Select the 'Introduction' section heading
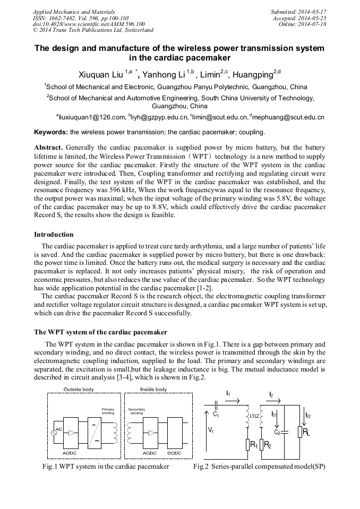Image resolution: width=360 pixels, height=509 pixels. point(54,234)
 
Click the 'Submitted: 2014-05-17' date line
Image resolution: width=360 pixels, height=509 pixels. point(299,11)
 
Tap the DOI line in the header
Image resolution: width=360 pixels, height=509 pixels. point(88,24)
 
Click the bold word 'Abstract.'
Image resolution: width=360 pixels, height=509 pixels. point(49,146)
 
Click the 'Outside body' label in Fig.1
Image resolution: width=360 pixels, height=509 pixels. point(79,389)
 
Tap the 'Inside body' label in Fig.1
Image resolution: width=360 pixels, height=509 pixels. point(153,389)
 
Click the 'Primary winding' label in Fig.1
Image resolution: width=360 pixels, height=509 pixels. point(108,411)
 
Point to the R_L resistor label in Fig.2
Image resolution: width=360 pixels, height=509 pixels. point(306,433)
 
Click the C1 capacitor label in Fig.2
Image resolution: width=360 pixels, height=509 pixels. point(216,413)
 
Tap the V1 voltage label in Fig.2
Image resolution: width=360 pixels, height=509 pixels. point(211,430)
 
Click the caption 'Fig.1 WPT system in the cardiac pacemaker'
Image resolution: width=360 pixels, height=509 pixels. point(106,467)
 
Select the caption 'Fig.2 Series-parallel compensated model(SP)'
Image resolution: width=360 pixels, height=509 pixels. point(259,467)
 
